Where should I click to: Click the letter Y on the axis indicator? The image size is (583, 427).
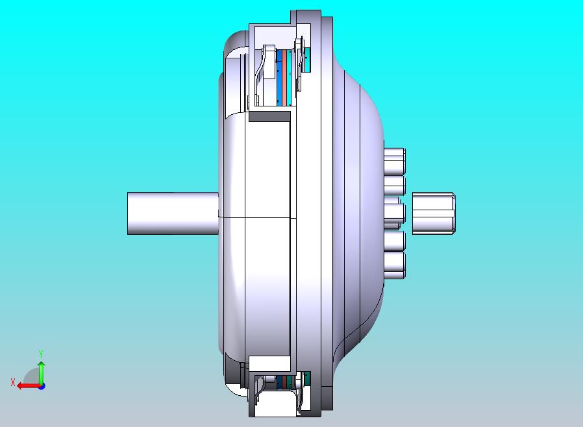coord(41,353)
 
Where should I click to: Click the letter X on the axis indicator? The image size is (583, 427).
coord(13,382)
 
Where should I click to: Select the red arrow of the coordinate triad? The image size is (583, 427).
coord(29,386)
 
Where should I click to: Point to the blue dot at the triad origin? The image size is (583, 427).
coord(42,387)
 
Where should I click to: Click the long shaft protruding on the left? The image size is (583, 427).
coord(173,213)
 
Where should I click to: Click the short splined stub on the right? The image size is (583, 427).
coord(434,213)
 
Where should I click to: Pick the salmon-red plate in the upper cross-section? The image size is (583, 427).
coord(284,78)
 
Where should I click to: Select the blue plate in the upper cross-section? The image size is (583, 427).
coord(279,78)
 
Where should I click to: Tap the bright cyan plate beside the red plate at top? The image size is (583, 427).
coord(289,78)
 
